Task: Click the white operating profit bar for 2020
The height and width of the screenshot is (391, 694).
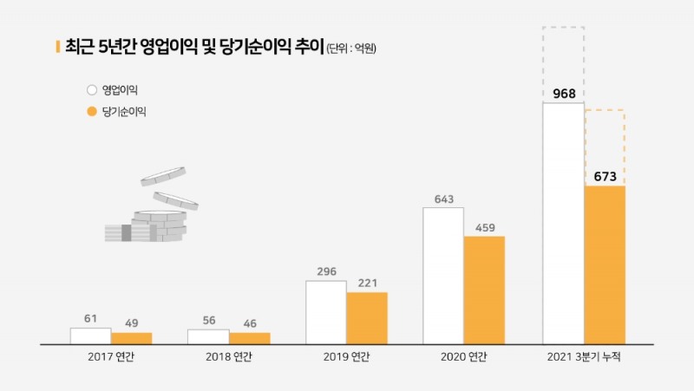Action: coord(443,276)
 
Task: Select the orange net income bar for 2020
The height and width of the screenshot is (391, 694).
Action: coord(484,290)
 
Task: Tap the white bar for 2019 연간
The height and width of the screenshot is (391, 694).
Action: coord(326,311)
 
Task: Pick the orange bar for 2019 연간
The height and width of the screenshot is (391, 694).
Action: coord(367,317)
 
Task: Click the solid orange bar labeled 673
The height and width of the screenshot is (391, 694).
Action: coord(605,264)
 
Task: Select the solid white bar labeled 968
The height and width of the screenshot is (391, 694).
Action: coord(563,224)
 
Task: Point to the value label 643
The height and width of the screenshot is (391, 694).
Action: coord(443,199)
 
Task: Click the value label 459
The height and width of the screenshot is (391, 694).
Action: coord(484,228)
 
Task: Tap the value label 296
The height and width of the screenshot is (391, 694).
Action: coord(326,271)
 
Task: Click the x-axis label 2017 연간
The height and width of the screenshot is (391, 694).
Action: coord(111,357)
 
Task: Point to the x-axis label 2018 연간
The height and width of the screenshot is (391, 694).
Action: coord(229,357)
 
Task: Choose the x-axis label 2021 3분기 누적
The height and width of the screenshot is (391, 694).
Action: coord(584,357)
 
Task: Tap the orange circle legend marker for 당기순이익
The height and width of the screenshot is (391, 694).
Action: coord(91,111)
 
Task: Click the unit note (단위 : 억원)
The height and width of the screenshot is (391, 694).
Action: coord(351,49)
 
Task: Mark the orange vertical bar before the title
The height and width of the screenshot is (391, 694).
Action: coord(57,47)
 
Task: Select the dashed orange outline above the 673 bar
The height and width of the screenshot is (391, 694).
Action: coord(605,147)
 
